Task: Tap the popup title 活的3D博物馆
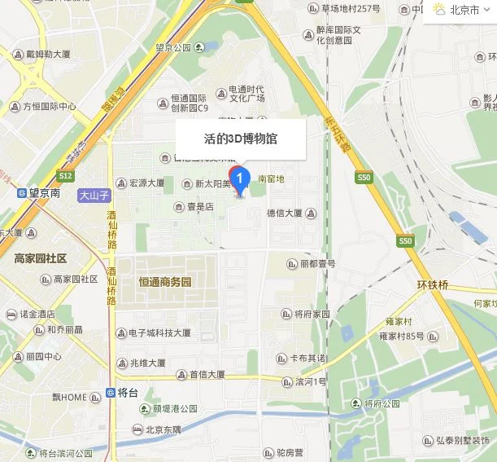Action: point(240,139)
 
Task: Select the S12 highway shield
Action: point(66,176)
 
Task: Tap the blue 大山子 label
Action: point(94,196)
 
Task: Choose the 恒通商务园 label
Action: point(164,283)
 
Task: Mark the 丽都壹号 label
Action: point(312,264)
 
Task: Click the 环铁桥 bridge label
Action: point(433,285)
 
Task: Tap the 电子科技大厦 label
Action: point(159,333)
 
